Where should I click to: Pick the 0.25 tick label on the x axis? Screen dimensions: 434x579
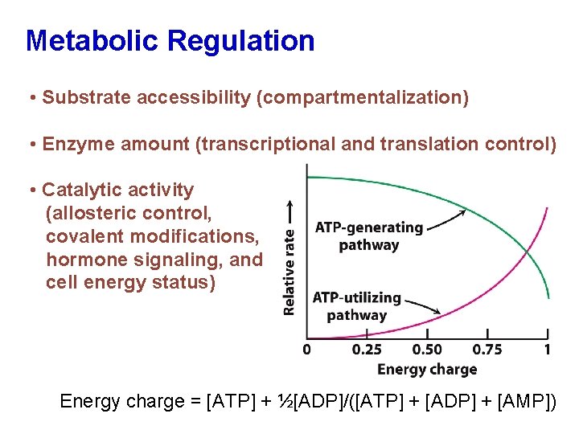(367, 350)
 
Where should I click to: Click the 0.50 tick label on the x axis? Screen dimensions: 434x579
(427, 350)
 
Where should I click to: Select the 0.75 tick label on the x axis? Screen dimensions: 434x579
(487, 350)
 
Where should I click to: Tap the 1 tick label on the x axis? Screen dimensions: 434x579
(548, 350)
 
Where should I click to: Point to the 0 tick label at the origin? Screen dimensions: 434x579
(306, 350)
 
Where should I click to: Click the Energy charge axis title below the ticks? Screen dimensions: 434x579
(427, 370)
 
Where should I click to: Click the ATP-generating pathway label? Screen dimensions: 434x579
(368, 236)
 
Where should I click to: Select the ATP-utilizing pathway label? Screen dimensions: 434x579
(356, 306)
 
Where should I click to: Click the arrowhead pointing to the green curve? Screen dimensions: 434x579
(462, 212)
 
